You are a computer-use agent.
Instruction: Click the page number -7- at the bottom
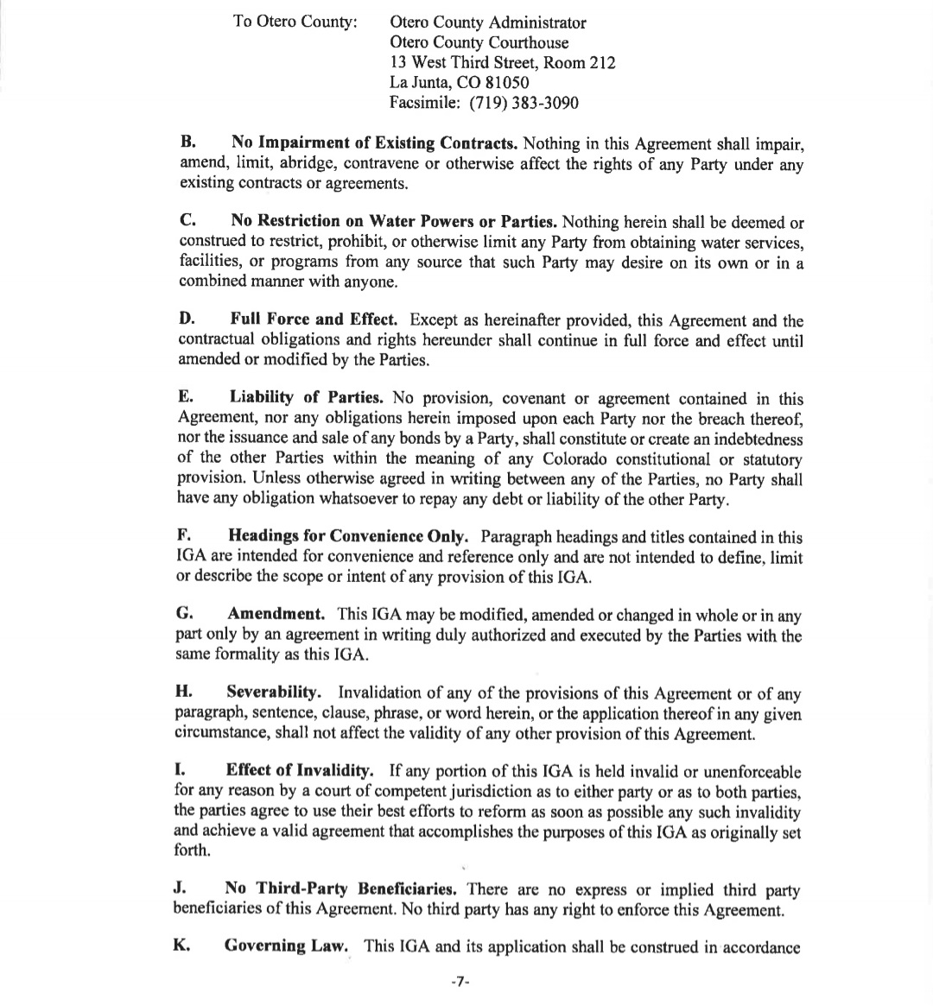(460, 983)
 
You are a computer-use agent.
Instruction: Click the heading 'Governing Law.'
(287, 946)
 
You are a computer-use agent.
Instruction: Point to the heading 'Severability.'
(275, 693)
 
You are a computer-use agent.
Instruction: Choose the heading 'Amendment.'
(276, 615)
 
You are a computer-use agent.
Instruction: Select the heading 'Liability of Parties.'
(307, 398)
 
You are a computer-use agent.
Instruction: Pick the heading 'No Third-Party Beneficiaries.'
(340, 889)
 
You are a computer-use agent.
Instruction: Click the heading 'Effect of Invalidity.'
(300, 771)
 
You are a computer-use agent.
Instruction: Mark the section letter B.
(186, 142)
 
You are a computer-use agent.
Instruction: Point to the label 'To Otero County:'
(295, 22)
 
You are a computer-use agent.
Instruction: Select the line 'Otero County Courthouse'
(479, 42)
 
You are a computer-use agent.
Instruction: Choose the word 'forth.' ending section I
(191, 851)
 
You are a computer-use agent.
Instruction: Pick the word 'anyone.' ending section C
(371, 281)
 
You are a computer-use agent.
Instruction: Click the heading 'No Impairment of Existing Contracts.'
(374, 142)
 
